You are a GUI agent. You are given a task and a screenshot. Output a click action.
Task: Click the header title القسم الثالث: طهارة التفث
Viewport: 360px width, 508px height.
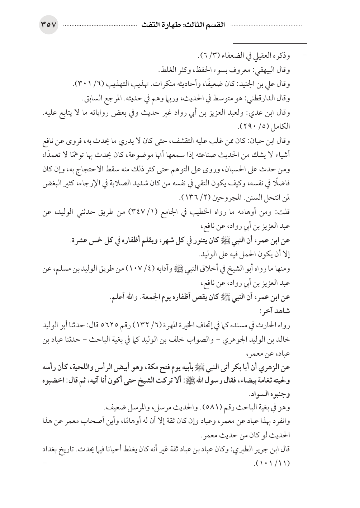181,26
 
